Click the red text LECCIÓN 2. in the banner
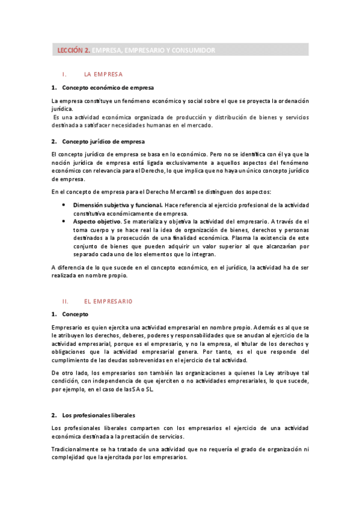coord(73,51)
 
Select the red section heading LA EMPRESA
coord(103,75)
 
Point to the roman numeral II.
coord(66,301)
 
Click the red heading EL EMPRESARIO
coord(108,301)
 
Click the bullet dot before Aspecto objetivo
coord(64,221)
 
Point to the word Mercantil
coord(191,192)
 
